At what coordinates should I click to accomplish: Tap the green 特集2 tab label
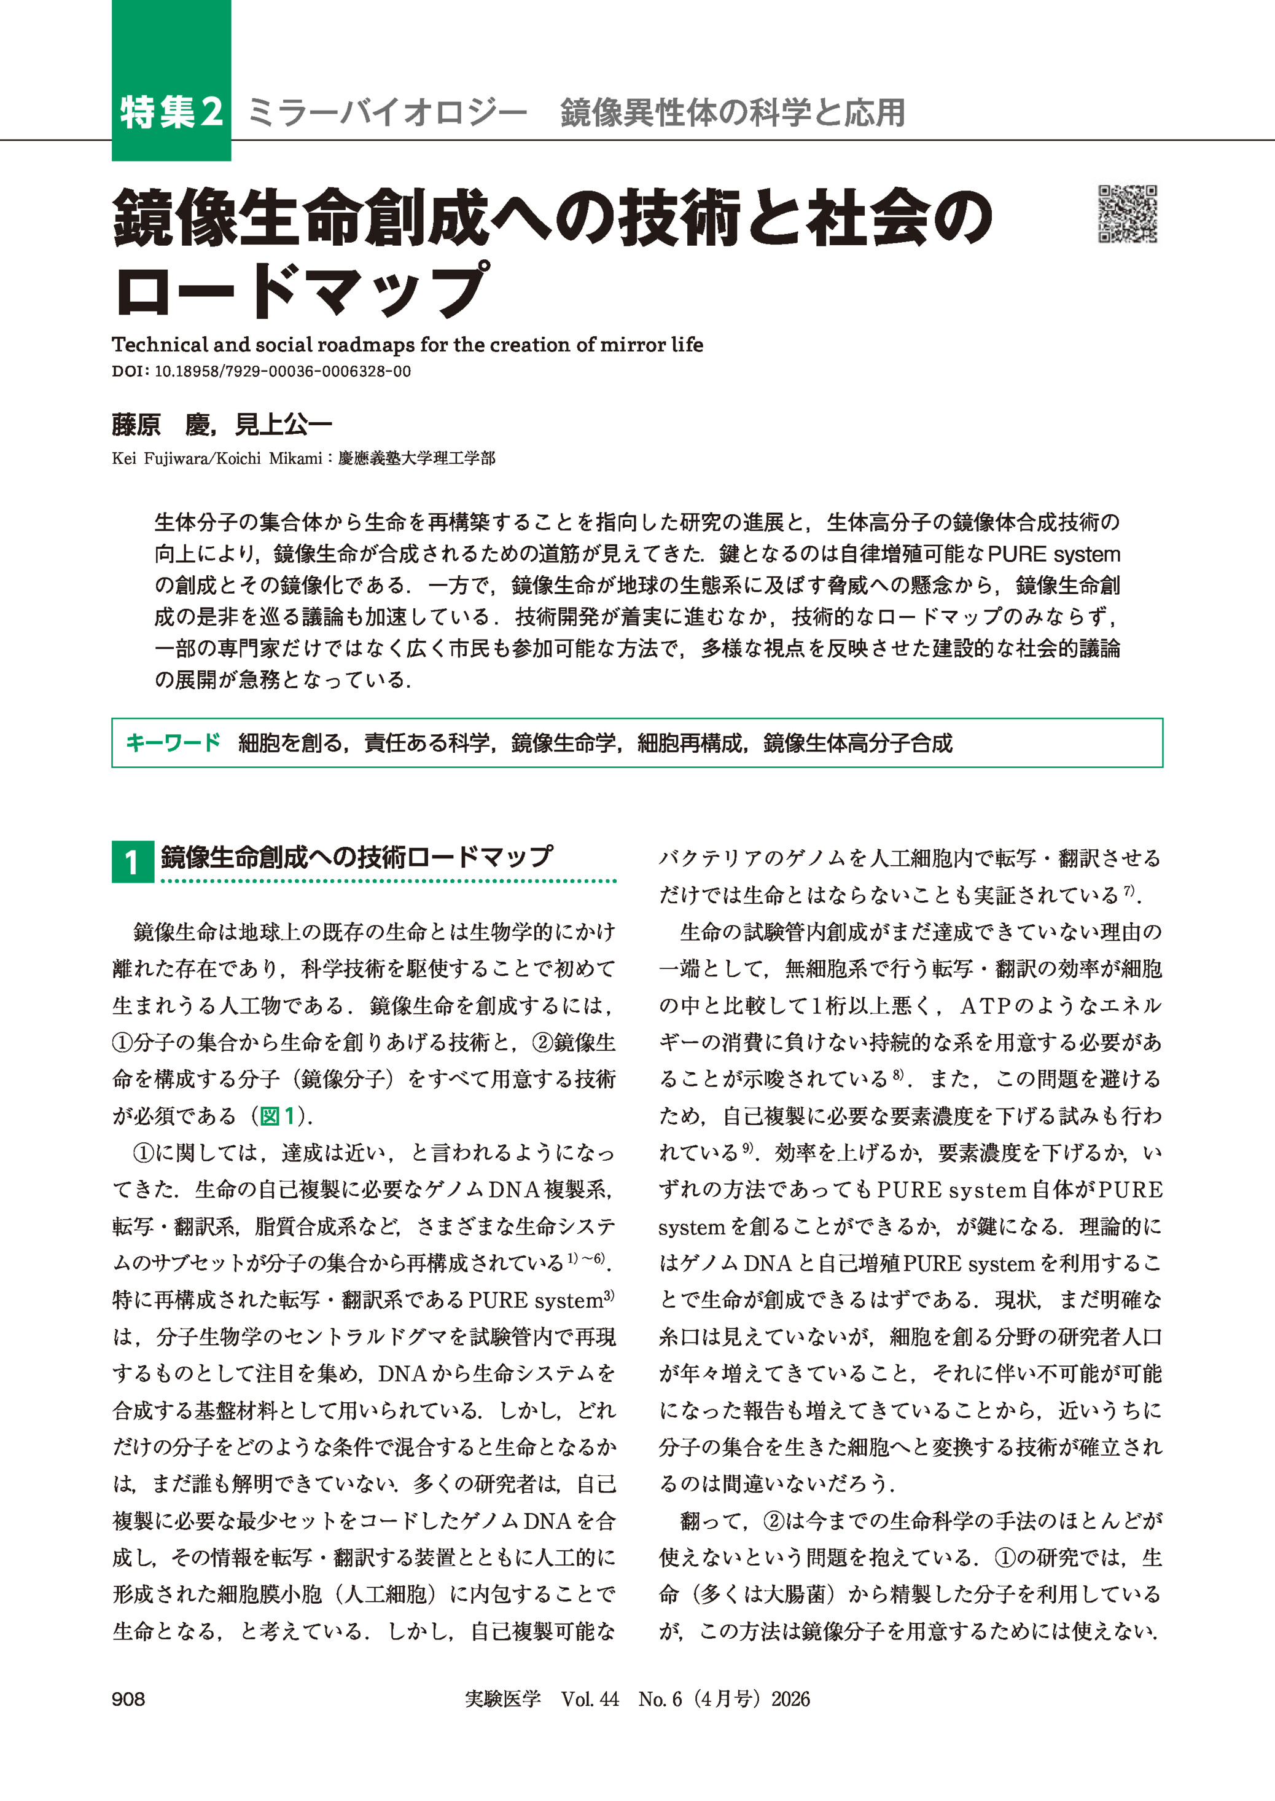tap(171, 112)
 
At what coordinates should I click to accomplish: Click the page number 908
tap(128, 1699)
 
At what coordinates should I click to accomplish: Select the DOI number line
tap(262, 372)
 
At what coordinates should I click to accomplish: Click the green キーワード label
tap(174, 742)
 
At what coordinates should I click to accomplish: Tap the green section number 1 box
tap(132, 861)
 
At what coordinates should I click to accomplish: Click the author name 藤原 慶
tap(161, 425)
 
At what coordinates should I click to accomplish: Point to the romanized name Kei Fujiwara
tap(160, 458)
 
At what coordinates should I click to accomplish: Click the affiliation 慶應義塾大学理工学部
tap(416, 458)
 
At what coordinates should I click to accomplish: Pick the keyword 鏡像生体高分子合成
tap(857, 742)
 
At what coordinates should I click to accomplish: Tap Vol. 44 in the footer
tap(590, 1699)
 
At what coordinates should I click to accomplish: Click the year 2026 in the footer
tap(790, 1699)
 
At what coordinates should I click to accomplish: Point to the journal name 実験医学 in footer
tap(502, 1699)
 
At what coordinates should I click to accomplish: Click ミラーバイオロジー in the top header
tap(386, 112)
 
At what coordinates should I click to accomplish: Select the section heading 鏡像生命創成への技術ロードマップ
tap(356, 857)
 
